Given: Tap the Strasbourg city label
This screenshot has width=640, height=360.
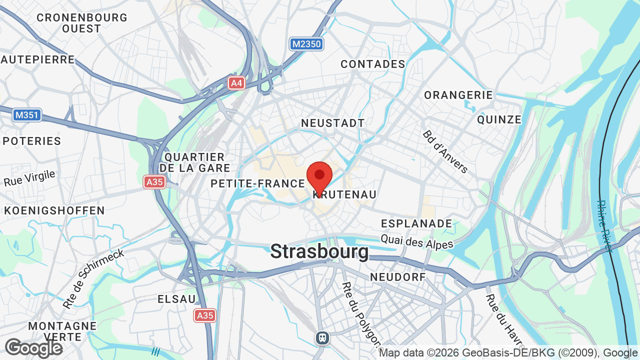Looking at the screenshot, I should point(319,251).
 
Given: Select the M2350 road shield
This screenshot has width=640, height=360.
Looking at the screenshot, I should point(306,44).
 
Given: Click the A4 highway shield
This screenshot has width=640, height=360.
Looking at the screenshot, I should point(236,83).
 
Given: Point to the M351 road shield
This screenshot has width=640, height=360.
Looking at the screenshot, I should point(27,115).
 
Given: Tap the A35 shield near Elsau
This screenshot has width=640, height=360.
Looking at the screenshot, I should point(205,315).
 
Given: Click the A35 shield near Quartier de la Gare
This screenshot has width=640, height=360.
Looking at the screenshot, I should point(154,182).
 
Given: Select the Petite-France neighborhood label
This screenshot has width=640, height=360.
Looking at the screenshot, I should point(257,183).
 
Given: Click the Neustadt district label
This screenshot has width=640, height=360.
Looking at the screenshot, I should point(332,123).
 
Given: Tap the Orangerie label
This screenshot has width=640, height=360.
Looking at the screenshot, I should point(458,95).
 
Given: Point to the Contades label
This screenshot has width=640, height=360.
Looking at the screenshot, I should point(372,64).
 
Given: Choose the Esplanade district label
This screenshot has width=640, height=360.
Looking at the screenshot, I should point(416,223).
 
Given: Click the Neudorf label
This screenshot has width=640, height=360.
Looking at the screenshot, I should point(397,277).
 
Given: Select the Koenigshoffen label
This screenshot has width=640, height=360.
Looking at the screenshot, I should point(54,210).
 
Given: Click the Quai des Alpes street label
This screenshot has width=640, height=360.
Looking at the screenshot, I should point(416,242).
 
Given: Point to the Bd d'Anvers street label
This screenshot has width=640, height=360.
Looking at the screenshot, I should point(445,151).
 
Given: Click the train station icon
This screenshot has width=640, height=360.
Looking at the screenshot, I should point(322,338).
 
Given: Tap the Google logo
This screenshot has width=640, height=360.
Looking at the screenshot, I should point(33,348).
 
